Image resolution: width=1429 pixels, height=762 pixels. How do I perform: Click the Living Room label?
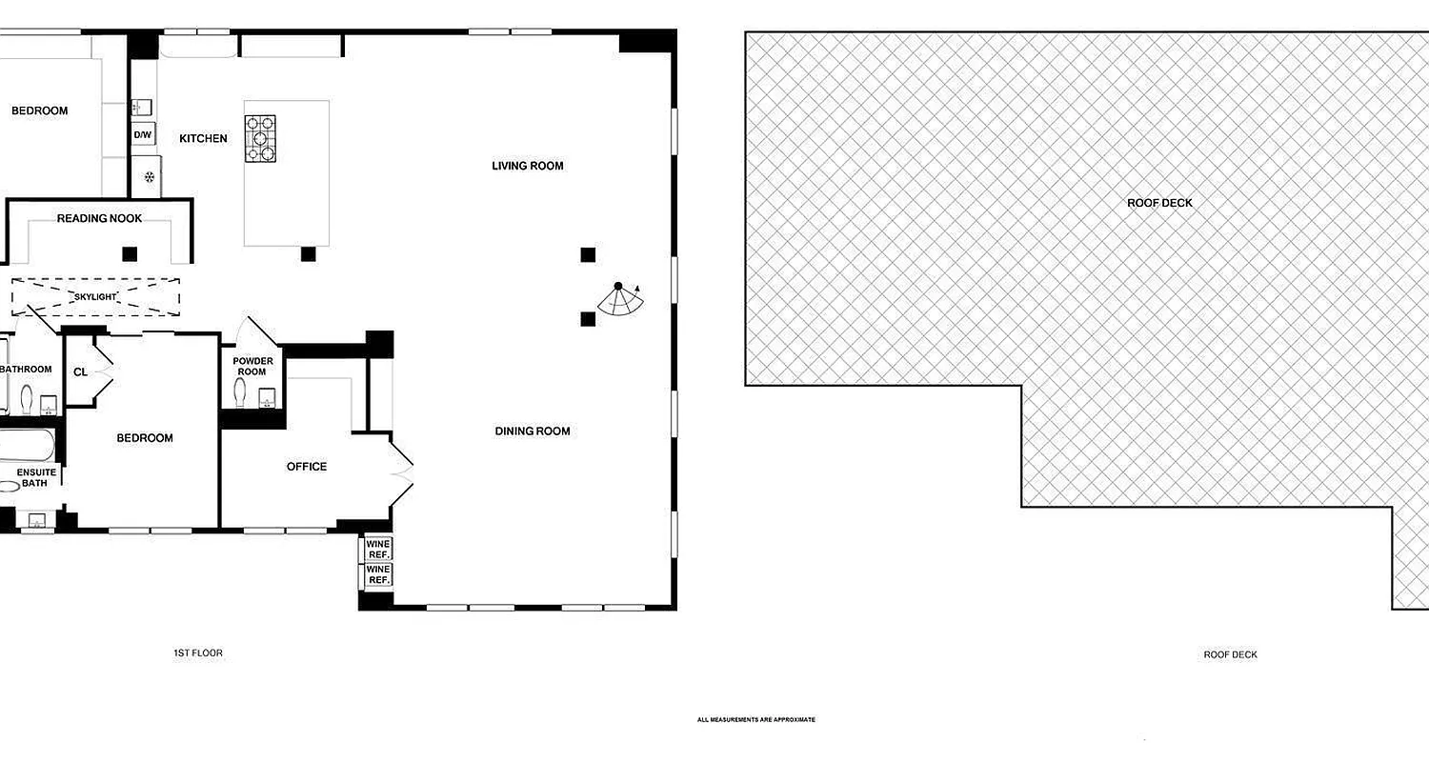[x=527, y=166]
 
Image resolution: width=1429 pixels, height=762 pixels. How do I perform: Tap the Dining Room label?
[x=532, y=431]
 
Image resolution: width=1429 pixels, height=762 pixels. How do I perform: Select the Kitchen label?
[x=203, y=139]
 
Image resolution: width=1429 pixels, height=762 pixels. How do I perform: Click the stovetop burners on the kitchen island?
[x=261, y=138]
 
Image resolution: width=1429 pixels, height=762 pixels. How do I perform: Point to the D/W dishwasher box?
[x=142, y=135]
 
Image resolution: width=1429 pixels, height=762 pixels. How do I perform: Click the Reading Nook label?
[x=99, y=219]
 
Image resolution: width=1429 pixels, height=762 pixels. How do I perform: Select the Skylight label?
[x=95, y=297]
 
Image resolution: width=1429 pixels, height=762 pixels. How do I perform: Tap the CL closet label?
[x=80, y=371]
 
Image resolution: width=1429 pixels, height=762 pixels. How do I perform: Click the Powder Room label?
[x=252, y=367]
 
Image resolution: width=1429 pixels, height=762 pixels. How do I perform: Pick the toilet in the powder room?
[x=239, y=391]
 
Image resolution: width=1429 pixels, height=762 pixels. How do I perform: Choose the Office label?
[x=307, y=467]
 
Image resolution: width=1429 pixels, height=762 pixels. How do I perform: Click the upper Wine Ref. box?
[x=378, y=549]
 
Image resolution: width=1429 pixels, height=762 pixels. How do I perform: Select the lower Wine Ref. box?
[x=378, y=575]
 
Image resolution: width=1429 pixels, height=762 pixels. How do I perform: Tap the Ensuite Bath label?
[x=36, y=478]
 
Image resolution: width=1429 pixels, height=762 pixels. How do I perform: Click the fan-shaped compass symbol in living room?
[x=622, y=299]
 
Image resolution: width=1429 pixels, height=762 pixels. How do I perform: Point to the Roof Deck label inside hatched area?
[x=1159, y=203]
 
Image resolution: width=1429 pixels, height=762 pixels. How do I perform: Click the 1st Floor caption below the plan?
[x=198, y=653]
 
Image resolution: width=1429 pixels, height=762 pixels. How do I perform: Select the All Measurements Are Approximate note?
[x=755, y=720]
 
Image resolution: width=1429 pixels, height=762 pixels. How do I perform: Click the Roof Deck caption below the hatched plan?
[x=1230, y=655]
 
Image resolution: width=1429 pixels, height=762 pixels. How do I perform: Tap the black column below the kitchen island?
[x=308, y=254]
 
